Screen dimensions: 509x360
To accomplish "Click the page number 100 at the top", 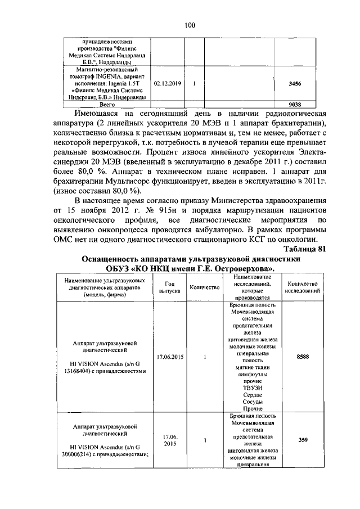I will point(188,24).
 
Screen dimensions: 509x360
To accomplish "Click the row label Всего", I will point(107,104).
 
